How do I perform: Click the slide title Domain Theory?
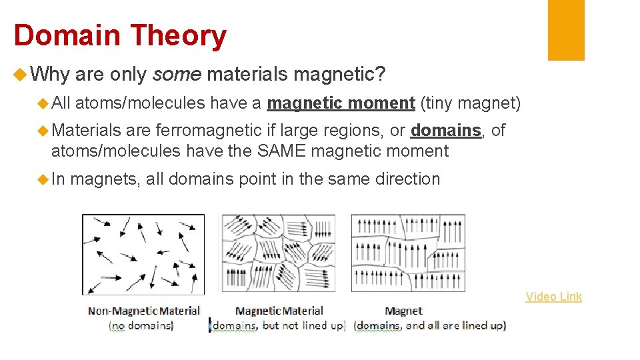[120, 35]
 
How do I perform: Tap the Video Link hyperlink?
[553, 297]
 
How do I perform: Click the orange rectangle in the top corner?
[566, 30]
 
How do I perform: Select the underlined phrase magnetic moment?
[341, 103]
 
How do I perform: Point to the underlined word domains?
[445, 130]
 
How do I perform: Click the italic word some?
[177, 75]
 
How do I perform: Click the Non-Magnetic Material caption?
[144, 311]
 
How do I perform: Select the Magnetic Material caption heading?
[279, 311]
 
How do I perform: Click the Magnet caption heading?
[403, 311]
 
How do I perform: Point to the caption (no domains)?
[141, 325]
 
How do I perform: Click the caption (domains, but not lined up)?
[278, 325]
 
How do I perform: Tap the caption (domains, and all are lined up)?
[430, 325]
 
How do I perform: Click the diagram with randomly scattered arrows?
[143, 254]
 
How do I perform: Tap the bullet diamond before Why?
[20, 75]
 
